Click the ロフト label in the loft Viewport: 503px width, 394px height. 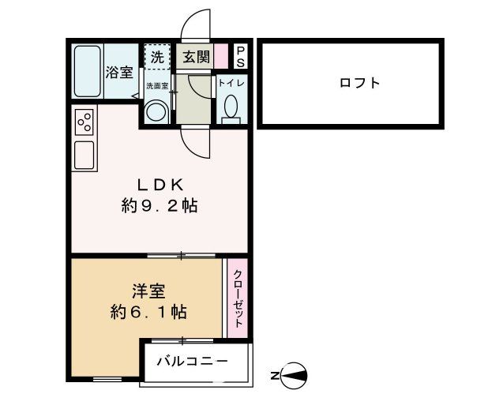359,82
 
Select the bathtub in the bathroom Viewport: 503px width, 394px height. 87,70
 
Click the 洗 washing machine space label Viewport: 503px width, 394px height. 157,57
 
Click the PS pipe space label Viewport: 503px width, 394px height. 240,56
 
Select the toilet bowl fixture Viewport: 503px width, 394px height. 231,107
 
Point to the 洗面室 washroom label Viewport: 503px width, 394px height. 156,84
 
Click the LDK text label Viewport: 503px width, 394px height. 161,186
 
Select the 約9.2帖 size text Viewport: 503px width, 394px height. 160,208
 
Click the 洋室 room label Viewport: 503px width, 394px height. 148,291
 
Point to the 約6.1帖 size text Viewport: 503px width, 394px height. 148,312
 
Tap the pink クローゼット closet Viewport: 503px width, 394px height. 238,298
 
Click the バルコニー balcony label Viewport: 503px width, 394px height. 192,362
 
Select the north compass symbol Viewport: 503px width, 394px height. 293,373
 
